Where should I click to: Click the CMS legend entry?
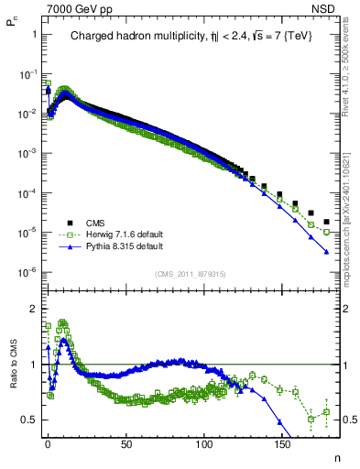(x=95, y=222)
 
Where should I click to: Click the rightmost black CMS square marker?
(x=326, y=221)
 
